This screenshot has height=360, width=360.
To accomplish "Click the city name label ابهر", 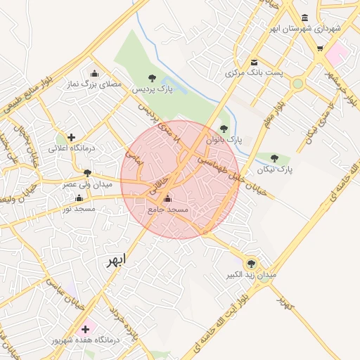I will coord(115,261).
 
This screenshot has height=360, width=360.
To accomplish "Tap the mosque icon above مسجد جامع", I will coord(167,198).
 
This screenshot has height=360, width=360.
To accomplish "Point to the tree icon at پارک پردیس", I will coord(152,78).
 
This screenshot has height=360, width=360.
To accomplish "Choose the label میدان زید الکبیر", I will coord(251,275).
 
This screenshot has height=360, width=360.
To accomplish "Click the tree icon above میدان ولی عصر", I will coord(87,172).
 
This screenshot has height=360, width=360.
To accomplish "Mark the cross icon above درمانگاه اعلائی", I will coord(71,137).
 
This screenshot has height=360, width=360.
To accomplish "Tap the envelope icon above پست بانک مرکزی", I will coord(254,61).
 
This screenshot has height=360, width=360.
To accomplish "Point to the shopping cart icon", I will coord(321,49).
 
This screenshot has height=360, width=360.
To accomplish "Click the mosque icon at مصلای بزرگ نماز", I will coord(95,73).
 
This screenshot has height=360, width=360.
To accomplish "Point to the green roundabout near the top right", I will coord(298,84).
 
